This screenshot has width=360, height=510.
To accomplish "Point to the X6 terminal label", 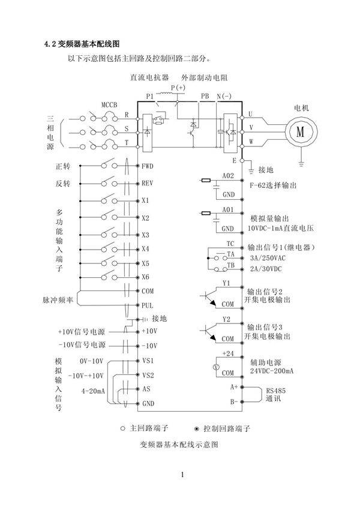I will click(146, 277).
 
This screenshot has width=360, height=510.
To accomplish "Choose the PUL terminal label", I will click(148, 305).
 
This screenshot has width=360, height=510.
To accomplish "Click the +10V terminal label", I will click(149, 331).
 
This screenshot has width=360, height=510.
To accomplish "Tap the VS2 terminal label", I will click(148, 375).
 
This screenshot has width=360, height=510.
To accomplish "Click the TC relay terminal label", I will click(230, 244).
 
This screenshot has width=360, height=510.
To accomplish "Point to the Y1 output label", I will click(226, 282).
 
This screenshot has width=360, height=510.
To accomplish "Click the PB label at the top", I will click(205, 96).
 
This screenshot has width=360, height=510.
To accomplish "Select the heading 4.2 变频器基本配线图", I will click(83, 44).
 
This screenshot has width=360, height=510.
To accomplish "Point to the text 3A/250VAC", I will click(266, 258).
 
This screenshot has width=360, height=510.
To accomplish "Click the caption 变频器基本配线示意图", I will click(178, 445).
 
